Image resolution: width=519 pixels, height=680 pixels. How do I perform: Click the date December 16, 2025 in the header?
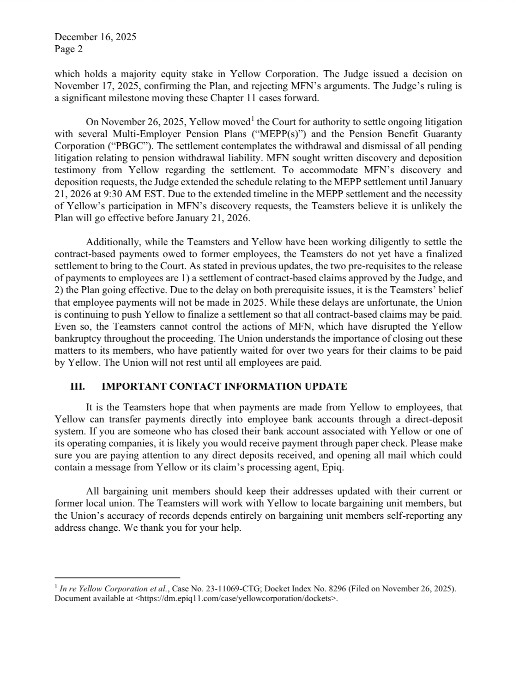click(x=95, y=37)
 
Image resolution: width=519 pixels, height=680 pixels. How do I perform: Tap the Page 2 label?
click(x=68, y=49)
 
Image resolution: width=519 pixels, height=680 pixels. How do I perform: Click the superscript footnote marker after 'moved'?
click(x=252, y=119)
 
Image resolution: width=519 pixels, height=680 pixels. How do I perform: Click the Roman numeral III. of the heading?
click(x=77, y=386)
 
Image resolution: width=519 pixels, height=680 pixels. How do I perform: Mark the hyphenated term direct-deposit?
click(x=433, y=419)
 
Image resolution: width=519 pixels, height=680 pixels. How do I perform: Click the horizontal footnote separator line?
click(x=117, y=577)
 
